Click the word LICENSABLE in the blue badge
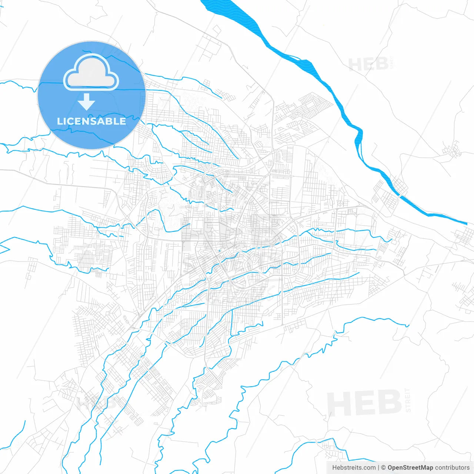click(x=91, y=121)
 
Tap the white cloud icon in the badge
click(x=91, y=73)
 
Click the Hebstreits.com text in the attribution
click(x=354, y=468)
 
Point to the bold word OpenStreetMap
click(x=410, y=468)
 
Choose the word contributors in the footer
click(x=452, y=468)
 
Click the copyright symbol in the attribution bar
click(x=383, y=468)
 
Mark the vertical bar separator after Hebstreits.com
click(x=378, y=468)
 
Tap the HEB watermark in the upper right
click(x=368, y=64)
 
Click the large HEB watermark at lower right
click(x=364, y=403)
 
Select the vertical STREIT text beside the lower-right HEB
click(x=408, y=400)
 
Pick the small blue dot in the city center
click(x=219, y=251)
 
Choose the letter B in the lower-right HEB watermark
click(x=390, y=403)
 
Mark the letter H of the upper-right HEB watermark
click(x=355, y=64)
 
